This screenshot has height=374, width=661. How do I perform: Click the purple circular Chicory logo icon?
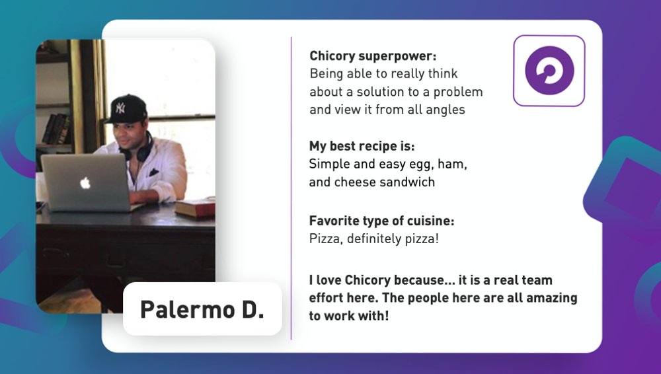coord(549,70)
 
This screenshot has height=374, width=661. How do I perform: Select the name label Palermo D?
coord(202,309)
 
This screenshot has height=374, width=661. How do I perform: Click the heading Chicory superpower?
coord(373,56)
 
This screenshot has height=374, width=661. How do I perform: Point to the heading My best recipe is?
coord(362,146)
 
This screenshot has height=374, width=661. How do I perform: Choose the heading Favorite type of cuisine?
coord(381,221)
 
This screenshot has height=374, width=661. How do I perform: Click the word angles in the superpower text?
coord(446,110)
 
